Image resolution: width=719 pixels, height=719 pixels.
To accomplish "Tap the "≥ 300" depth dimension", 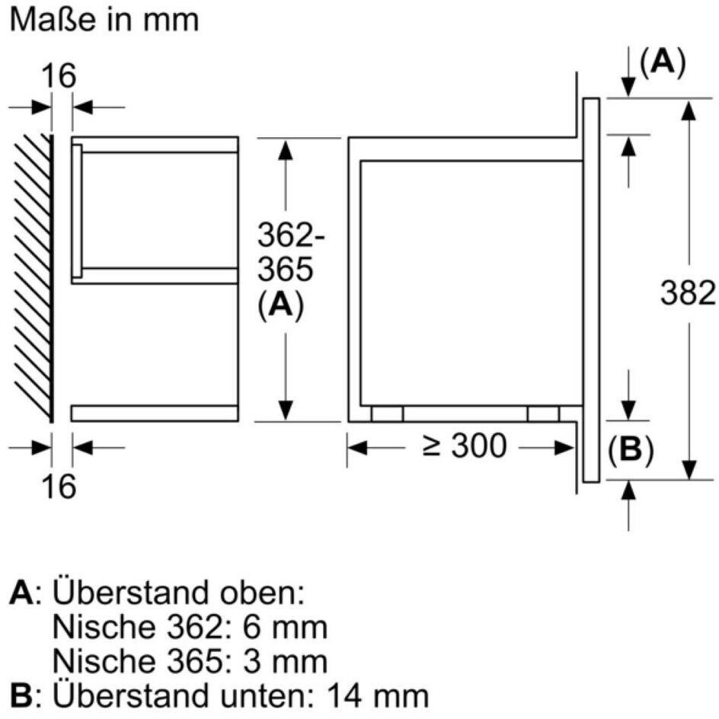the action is click(x=464, y=446).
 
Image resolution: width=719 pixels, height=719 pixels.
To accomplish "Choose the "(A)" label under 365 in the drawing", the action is click(x=281, y=305).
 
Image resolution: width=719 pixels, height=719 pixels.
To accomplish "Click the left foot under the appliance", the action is click(x=387, y=413).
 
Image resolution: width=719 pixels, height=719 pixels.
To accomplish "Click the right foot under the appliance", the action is click(x=543, y=413).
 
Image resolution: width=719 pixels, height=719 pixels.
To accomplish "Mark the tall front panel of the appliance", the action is click(x=591, y=289).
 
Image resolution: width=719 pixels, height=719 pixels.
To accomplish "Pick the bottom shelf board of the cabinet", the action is click(x=155, y=413).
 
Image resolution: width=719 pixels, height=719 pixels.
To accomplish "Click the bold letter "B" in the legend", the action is click(x=21, y=694).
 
